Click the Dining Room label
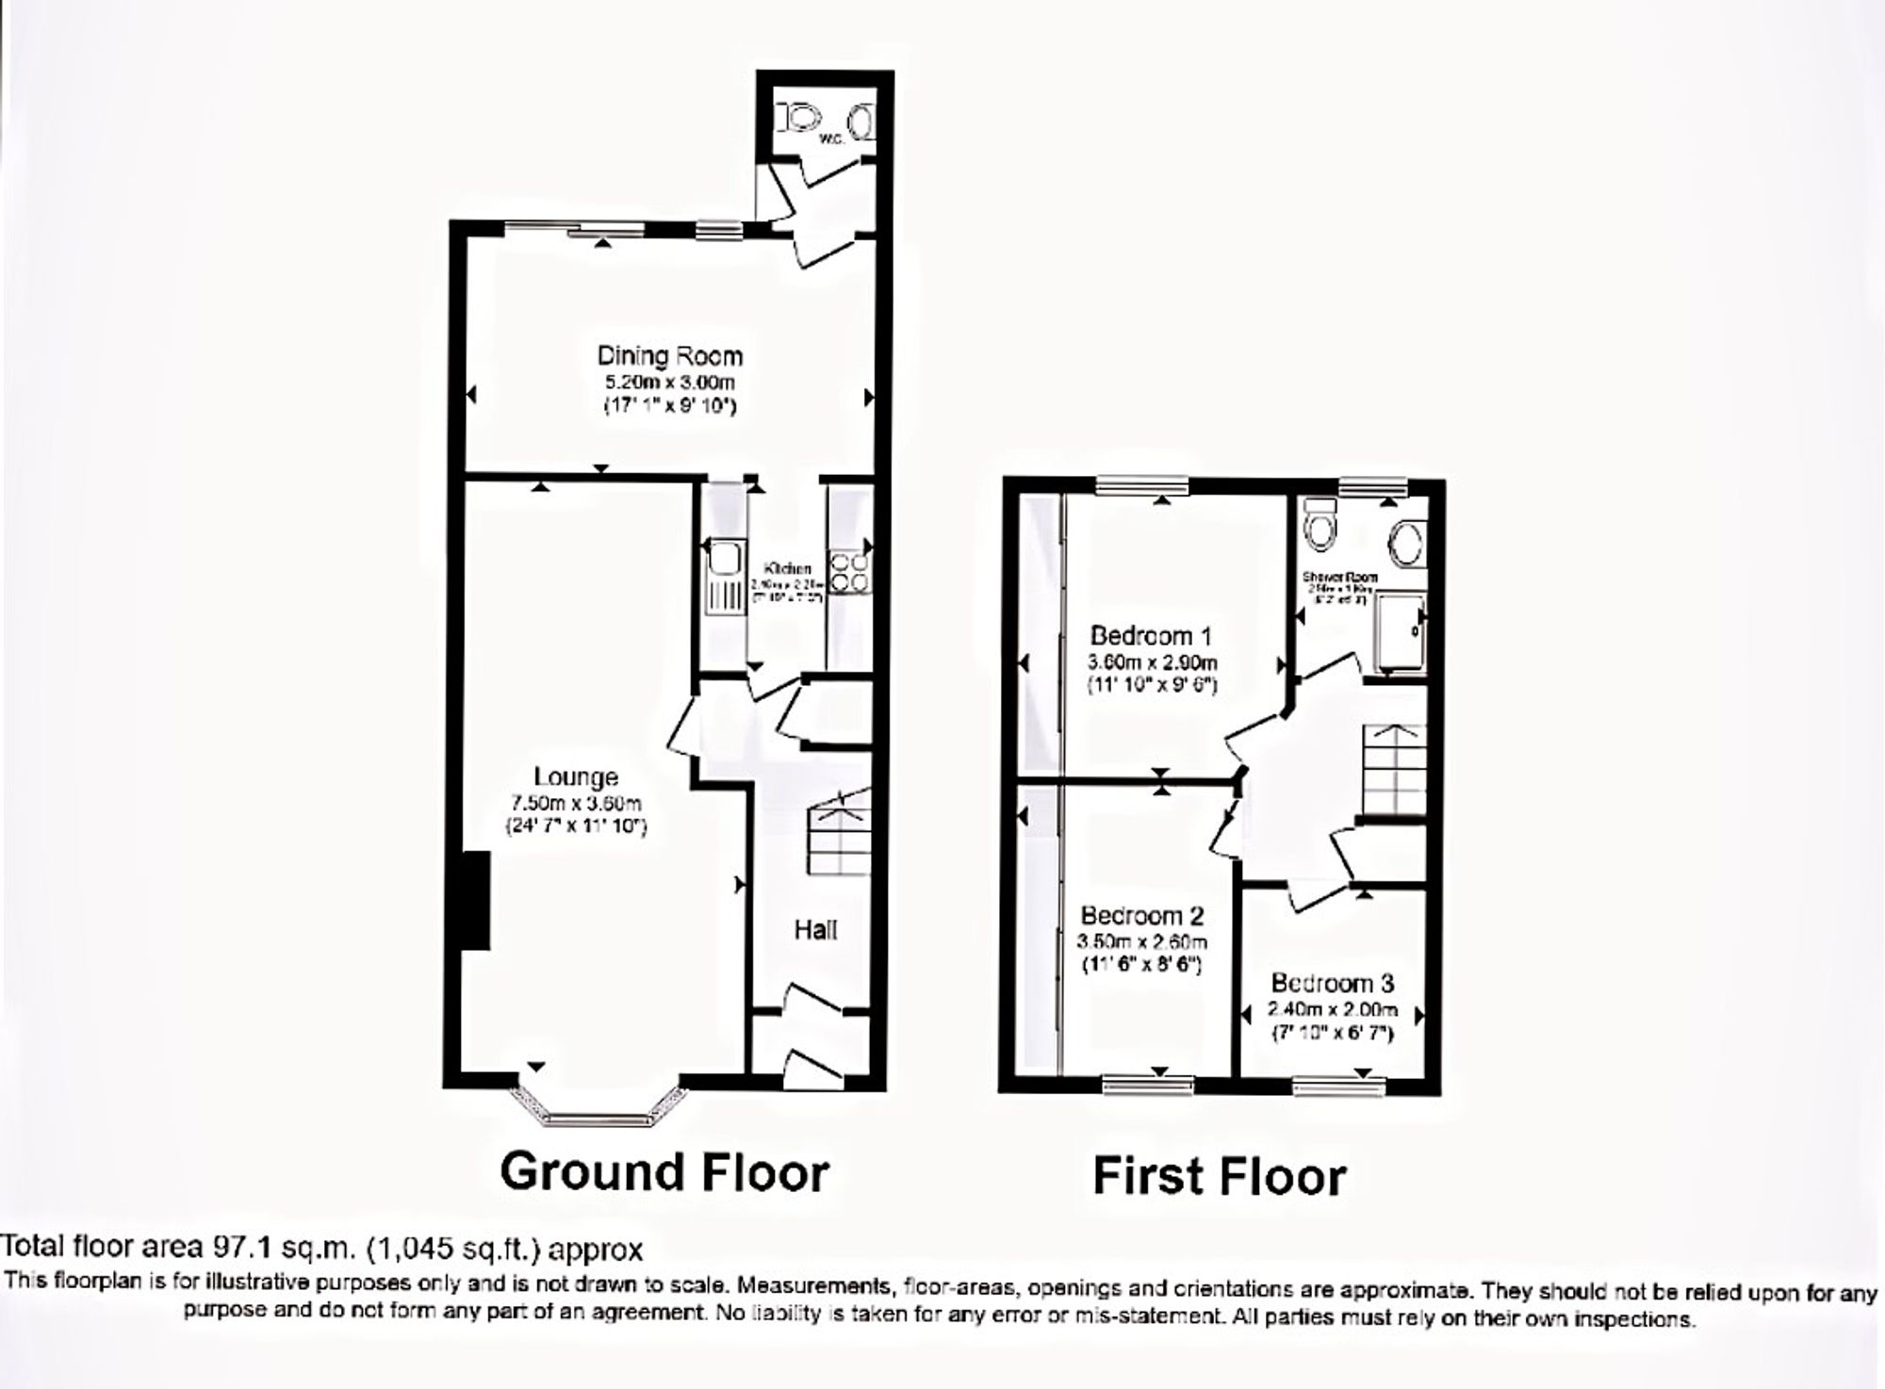coord(669,356)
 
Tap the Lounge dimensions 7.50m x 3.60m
coord(575,804)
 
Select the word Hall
coord(815,930)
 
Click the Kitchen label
coord(788,569)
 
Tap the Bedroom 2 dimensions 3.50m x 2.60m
coord(1141,941)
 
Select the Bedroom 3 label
coord(1332,984)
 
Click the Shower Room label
coord(1339,577)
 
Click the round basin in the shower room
coord(1407,544)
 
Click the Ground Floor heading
coord(664,1171)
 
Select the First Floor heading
coord(1219,1177)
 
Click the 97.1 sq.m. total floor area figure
coord(283,1249)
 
